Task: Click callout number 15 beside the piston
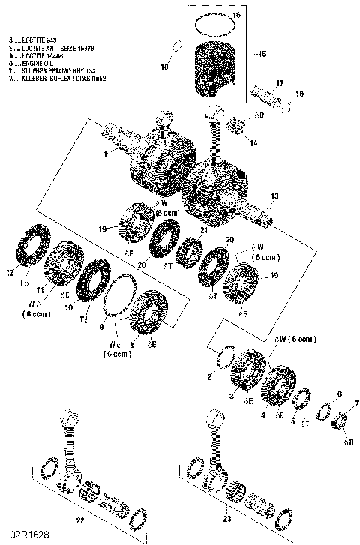[x=261, y=54]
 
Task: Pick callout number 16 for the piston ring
[x=236, y=15]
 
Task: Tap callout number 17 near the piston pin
[x=279, y=82]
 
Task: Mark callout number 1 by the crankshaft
[x=107, y=154]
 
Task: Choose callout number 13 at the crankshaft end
[x=274, y=196]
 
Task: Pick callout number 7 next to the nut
[x=355, y=402]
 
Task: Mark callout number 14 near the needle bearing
[x=253, y=142]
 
